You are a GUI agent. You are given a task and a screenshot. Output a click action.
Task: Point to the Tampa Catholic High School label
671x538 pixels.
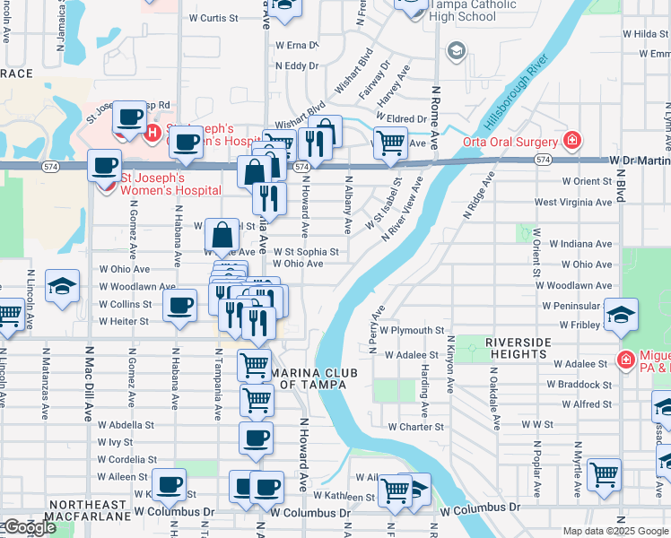point(450,10)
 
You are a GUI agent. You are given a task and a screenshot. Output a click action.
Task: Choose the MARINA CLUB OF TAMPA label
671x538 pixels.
point(314,378)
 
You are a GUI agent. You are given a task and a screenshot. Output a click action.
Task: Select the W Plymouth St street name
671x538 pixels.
point(412,330)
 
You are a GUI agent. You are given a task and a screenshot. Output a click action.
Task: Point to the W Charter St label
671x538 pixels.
point(415,427)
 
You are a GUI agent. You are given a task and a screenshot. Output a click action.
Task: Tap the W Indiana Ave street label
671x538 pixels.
point(580,243)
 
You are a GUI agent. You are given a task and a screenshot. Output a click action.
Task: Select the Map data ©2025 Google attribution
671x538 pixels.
point(615,531)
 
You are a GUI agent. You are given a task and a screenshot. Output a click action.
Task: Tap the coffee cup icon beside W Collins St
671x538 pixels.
point(180,306)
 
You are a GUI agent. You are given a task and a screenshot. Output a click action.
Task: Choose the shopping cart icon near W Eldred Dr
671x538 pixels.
point(389,142)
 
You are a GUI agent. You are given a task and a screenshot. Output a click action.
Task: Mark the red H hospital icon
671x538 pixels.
point(152,134)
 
